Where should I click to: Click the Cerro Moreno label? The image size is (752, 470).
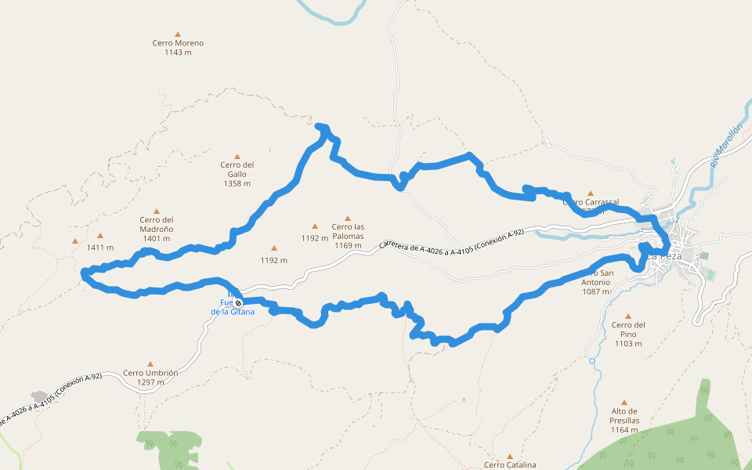[178, 43]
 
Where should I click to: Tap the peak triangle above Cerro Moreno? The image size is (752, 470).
[178, 34]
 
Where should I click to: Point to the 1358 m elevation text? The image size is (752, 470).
[237, 183]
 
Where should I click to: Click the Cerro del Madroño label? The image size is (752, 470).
[157, 224]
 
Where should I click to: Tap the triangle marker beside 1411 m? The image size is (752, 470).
[100, 236]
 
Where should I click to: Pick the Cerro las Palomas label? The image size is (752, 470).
[348, 231]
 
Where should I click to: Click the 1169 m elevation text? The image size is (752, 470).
[348, 245]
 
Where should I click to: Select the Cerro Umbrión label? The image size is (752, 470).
[150, 373]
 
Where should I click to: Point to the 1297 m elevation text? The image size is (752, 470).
[150, 382]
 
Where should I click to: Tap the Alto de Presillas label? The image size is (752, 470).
[624, 415]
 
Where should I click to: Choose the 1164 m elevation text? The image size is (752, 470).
[624, 430]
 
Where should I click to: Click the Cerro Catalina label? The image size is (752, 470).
[510, 465]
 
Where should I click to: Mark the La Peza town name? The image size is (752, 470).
[664, 256]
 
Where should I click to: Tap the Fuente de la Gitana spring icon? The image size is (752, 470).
[238, 302]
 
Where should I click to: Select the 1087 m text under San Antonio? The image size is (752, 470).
[595, 291]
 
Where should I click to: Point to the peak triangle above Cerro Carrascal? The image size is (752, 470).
[591, 193]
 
